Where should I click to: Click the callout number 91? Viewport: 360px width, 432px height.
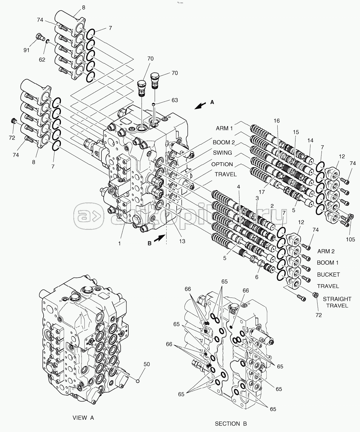pos(27,50)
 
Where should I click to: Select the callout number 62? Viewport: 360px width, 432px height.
pos(42,59)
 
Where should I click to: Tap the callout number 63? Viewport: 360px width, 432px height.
pos(175,100)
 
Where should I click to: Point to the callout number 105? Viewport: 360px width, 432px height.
pos(350,239)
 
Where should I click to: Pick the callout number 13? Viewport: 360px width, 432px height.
pos(182,241)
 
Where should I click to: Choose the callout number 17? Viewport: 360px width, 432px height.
pos(261,192)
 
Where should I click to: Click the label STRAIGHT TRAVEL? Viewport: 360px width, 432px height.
pos(337,302)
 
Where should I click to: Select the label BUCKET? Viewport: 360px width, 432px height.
pos(328,275)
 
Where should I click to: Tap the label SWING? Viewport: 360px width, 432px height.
pos(222,153)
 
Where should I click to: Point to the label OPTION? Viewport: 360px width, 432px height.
pos(222,164)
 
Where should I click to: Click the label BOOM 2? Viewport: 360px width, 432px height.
pos(224,142)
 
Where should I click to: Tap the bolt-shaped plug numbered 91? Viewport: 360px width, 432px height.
pos(40,37)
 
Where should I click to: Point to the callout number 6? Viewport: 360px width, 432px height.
pos(257,277)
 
